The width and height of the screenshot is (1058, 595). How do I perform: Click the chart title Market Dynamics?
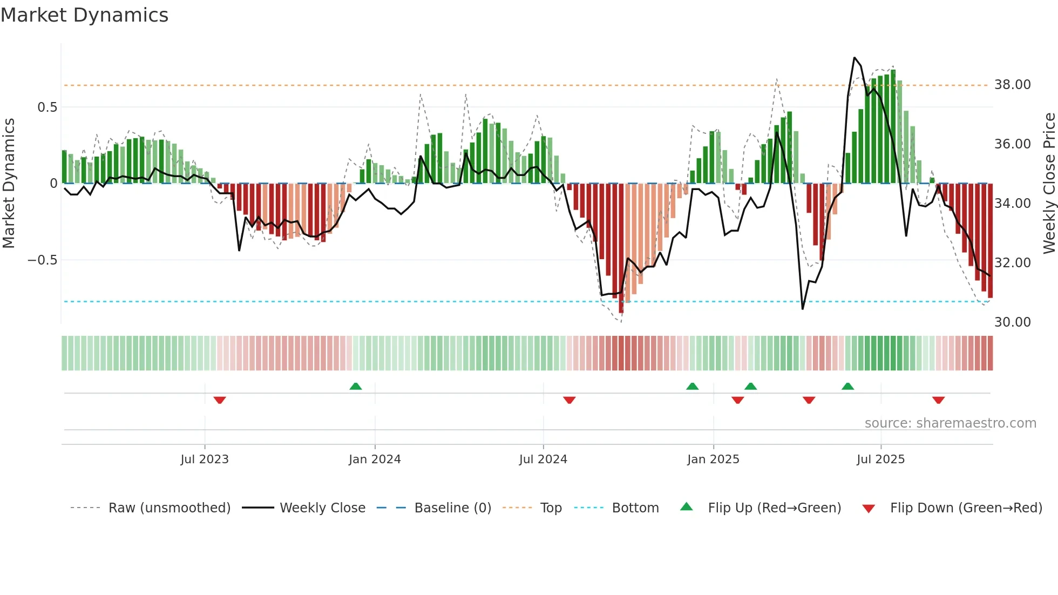pos(84,15)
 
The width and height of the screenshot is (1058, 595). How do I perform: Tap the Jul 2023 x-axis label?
pos(205,459)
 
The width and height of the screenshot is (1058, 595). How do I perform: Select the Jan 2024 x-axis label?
pos(375,459)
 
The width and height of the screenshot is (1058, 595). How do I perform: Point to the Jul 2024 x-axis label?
pos(543,459)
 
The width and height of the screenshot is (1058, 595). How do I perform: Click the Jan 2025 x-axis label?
pos(713,459)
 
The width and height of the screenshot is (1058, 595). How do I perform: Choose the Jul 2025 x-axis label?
pos(880,459)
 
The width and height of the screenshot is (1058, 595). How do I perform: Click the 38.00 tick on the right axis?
pos(1012,85)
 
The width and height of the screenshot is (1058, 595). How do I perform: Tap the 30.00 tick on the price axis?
pos(1012,322)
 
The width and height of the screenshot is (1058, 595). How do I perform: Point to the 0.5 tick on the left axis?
pos(47,107)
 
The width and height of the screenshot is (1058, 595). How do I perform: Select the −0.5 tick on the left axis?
pos(42,260)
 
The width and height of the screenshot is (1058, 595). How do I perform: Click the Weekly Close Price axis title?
pos(1049,184)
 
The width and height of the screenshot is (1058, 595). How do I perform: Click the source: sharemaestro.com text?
pos(950,423)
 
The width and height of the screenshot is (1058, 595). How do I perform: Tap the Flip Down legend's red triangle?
pos(869,509)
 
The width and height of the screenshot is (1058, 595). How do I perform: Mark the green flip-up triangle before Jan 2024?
pos(355,386)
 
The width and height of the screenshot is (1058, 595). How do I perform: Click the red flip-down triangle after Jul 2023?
pos(219,400)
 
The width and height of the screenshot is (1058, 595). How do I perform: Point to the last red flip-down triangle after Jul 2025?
pos(938,400)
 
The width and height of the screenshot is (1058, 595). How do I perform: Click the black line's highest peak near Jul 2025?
pos(854,58)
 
